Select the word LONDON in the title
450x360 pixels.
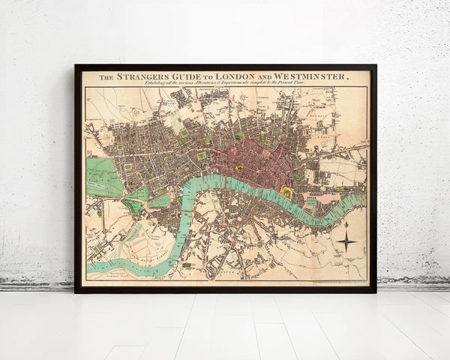(239, 76)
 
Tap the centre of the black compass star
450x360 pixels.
(346, 241)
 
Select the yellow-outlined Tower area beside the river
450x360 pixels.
(286, 193)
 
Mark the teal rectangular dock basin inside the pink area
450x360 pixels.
(310, 202)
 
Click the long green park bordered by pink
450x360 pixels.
(160, 201)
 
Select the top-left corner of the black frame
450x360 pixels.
(76, 66)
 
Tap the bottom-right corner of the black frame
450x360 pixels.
(375, 292)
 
